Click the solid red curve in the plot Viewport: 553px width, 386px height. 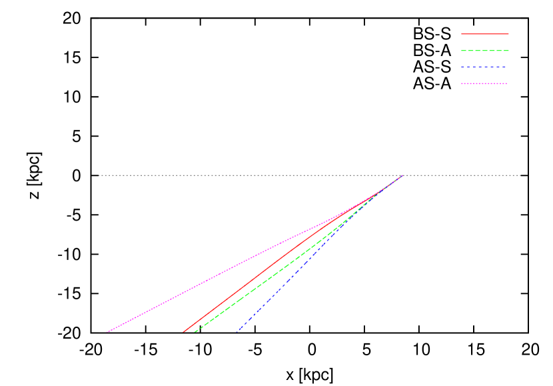[260, 275]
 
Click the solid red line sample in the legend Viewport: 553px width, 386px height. [484, 33]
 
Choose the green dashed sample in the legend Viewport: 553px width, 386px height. [484, 51]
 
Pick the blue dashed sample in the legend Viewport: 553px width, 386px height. [484, 67]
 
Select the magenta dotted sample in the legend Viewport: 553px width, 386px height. [484, 84]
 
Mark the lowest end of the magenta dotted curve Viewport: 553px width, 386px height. [106, 331]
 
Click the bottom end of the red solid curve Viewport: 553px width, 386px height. [183, 331]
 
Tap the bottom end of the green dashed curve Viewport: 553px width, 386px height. [194, 331]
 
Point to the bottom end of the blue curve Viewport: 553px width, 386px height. [239, 331]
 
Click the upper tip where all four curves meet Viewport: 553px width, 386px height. [403, 175]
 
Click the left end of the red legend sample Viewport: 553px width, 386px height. [461, 33]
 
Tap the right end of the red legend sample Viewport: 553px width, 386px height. [508, 33]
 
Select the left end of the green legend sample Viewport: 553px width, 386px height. [461, 51]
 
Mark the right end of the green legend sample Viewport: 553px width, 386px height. [508, 51]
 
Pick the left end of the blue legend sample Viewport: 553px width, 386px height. [461, 67]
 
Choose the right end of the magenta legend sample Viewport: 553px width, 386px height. [508, 84]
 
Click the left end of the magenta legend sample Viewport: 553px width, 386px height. [461, 84]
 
